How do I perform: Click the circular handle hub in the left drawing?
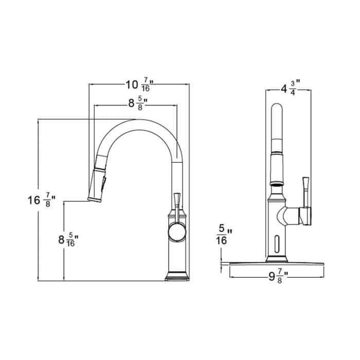(177, 232)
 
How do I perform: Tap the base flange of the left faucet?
(176, 278)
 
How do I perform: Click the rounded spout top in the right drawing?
(277, 111)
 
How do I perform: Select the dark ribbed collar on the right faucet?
(277, 182)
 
